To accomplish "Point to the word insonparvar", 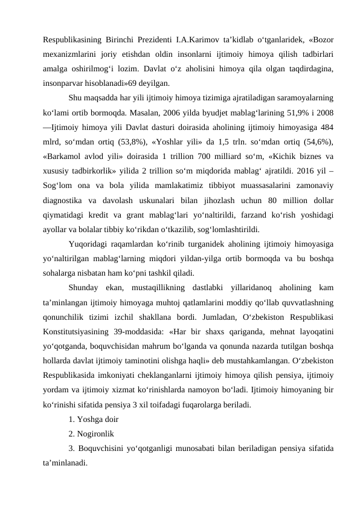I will [67, 83].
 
